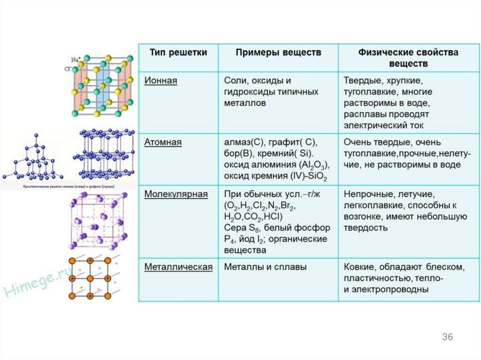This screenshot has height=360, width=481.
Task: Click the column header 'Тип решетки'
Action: pyautogui.click(x=178, y=53)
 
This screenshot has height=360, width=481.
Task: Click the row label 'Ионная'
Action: pyautogui.click(x=161, y=80)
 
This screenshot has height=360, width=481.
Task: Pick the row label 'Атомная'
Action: pyautogui.click(x=163, y=142)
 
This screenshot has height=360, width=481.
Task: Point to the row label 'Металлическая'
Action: pyautogui.click(x=178, y=267)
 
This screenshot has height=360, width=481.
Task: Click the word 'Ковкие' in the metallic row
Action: pyautogui.click(x=358, y=267)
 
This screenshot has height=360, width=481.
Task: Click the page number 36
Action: pyautogui.click(x=447, y=337)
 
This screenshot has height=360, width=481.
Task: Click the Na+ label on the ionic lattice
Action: pyautogui.click(x=75, y=60)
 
